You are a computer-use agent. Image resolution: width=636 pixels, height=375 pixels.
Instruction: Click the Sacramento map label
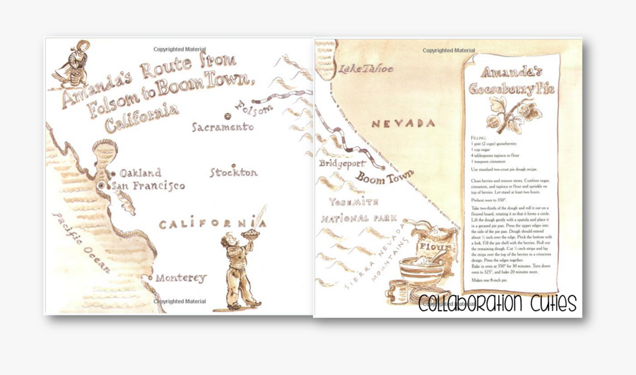223,127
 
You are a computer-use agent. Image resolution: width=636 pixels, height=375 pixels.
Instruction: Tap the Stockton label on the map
233,172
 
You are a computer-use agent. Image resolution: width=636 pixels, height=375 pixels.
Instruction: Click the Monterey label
180,278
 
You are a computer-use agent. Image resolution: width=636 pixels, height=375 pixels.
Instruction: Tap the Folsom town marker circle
228,117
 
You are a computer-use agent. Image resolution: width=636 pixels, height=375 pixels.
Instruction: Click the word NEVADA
404,124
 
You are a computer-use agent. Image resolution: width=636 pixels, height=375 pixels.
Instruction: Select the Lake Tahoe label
365,69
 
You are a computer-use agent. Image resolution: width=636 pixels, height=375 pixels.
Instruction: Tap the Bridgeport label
339,163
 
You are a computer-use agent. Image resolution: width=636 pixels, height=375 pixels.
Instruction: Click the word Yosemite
353,202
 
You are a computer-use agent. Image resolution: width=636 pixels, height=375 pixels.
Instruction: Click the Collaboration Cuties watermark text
497,304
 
